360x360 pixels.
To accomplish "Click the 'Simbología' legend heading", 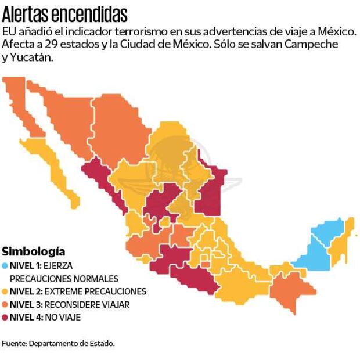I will pos(33,251).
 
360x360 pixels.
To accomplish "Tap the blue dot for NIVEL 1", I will pos(5,265).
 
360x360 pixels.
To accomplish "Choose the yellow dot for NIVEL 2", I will pos(5,291).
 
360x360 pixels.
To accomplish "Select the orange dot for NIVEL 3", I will pos(5,304).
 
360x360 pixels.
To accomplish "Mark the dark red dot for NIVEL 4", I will pos(5,318).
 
